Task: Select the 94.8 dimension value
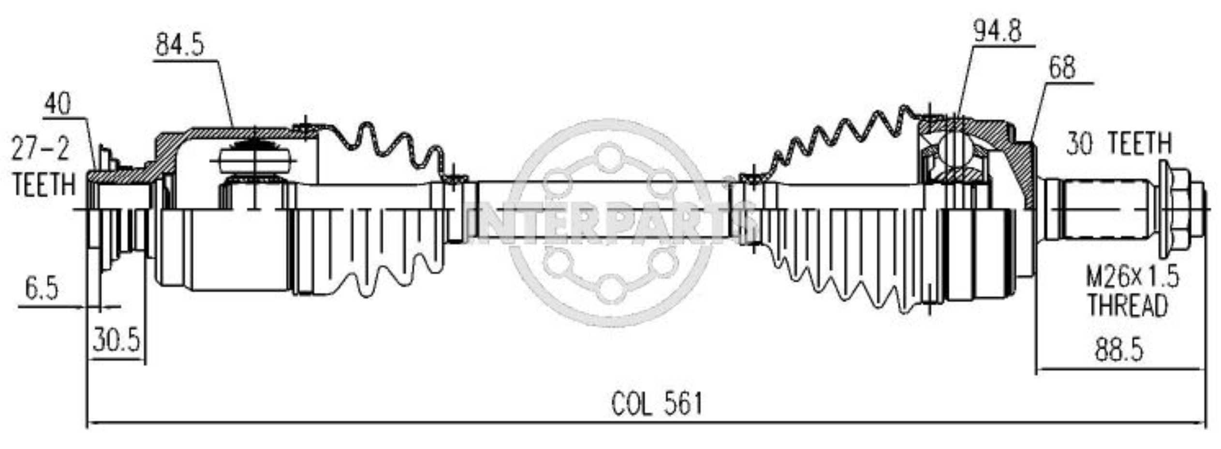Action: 997,32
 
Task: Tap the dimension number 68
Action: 1061,68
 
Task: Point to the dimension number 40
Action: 57,103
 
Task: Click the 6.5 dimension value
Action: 41,289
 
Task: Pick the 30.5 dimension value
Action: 117,339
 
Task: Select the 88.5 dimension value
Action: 1119,350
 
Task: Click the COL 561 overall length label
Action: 656,404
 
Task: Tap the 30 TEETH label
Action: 1118,144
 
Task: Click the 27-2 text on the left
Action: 40,149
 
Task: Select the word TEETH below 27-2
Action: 44,185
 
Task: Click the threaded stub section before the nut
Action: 1107,210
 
